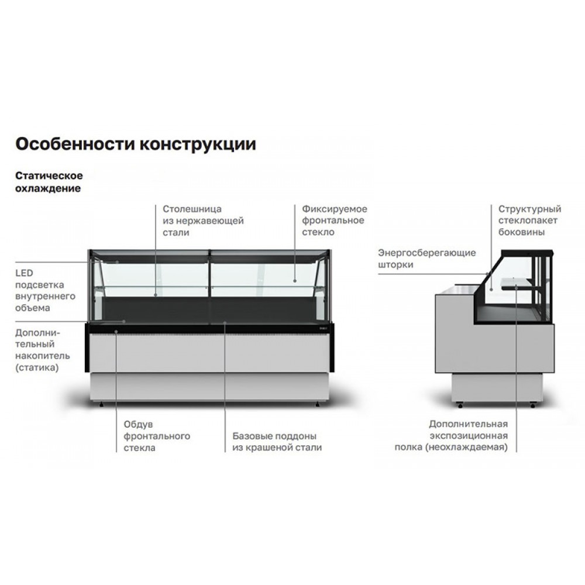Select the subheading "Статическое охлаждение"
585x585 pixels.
click(x=49, y=182)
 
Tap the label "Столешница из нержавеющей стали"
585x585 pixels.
click(x=203, y=221)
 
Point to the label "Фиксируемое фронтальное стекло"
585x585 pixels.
click(x=334, y=220)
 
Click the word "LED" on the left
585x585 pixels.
click(x=24, y=273)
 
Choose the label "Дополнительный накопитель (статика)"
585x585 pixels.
click(x=43, y=350)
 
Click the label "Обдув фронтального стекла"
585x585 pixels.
click(x=157, y=436)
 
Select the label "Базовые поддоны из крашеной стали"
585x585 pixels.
click(x=277, y=441)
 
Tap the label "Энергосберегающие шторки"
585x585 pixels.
click(x=427, y=259)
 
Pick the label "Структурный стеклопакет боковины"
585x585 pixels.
click(x=529, y=220)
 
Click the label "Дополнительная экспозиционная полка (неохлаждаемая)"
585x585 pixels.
click(x=451, y=435)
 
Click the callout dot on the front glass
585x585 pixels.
click(x=295, y=281)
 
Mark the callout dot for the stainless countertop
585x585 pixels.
click(x=156, y=295)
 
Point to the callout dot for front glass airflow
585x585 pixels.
click(x=116, y=331)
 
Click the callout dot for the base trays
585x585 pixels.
click(x=225, y=322)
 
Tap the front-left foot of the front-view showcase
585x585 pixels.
click(x=101, y=404)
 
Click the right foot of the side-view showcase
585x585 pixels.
click(x=533, y=404)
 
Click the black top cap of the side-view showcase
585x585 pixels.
click(x=527, y=253)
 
